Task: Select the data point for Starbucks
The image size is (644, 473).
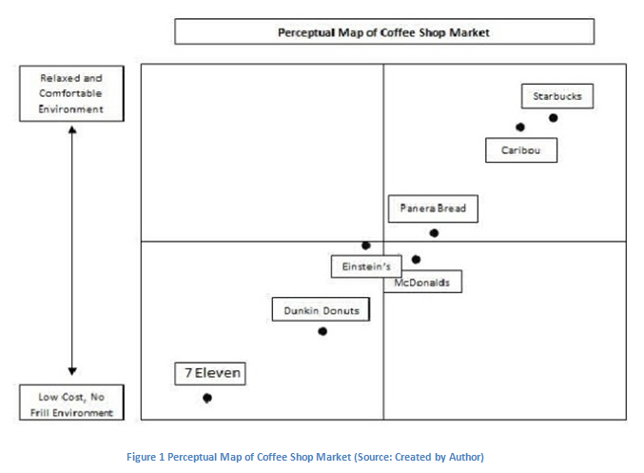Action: coord(554,118)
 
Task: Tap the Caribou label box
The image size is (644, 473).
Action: coord(520,150)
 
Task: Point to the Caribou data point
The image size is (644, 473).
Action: coord(520,127)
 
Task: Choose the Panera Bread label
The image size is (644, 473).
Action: coord(433,208)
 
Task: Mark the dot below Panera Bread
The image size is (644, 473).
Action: coord(434,232)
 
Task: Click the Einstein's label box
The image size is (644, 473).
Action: coord(366,266)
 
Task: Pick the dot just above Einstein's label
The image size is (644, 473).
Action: coord(365,246)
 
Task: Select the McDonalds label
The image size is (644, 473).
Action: coord(427,283)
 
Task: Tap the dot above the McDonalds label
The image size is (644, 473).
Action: coord(416,259)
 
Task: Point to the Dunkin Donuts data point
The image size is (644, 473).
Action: coord(322,331)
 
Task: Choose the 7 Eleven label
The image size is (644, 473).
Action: coord(209,374)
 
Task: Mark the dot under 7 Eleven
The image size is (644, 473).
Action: coord(207,398)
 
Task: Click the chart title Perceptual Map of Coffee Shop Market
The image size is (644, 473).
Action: coord(383,32)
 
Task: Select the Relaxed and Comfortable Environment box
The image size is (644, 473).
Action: coord(71,93)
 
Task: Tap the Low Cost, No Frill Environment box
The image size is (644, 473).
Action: coord(71,403)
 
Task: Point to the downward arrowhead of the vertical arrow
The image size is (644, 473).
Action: coord(72,371)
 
